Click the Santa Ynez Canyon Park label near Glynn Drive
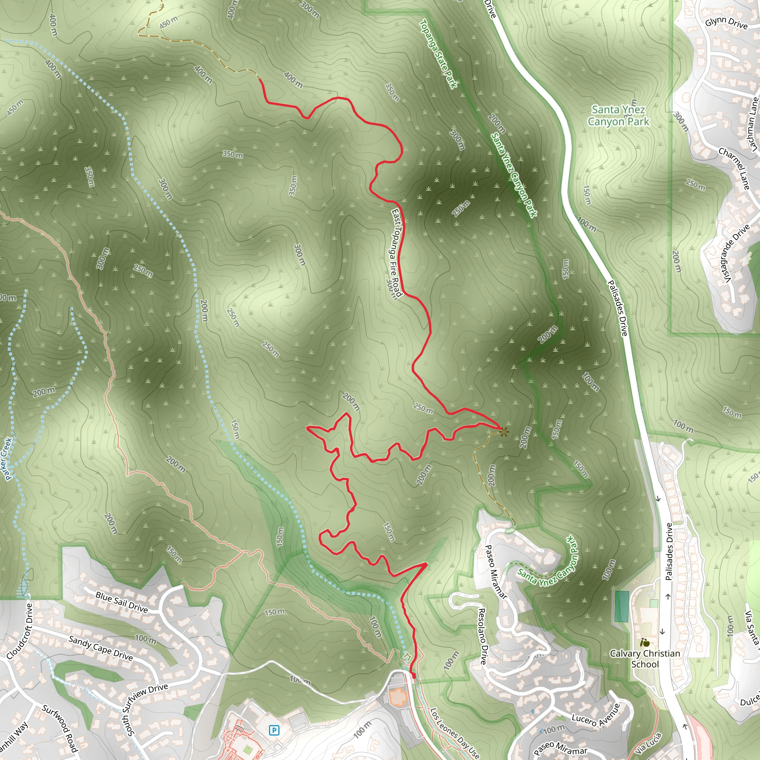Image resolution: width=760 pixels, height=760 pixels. pos(618,116)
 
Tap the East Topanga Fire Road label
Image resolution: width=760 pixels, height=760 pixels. pos(396,253)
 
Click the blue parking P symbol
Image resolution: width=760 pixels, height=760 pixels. pos(274,730)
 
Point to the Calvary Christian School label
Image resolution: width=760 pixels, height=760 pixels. pos(645,659)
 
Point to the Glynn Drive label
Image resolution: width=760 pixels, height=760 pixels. pos(726,23)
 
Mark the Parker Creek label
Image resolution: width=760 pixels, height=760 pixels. pos(8,459)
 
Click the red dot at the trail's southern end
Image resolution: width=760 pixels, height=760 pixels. pos(413,675)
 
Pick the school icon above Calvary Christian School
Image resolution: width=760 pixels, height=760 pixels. pos(644,643)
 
